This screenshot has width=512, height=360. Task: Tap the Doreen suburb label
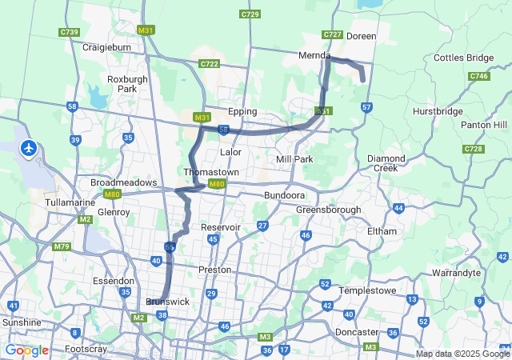click(362, 36)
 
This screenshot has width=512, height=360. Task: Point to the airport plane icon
click(30, 148)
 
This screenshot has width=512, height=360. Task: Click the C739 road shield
click(69, 32)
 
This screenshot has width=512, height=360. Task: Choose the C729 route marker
click(250, 14)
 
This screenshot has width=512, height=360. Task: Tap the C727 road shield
click(333, 35)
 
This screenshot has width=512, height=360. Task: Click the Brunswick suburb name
click(167, 302)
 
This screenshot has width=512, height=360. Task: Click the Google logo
click(26, 350)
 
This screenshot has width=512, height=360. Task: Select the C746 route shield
click(479, 76)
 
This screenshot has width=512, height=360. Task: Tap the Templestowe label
click(368, 290)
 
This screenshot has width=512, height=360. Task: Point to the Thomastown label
click(211, 172)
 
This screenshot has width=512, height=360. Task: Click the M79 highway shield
click(62, 246)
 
